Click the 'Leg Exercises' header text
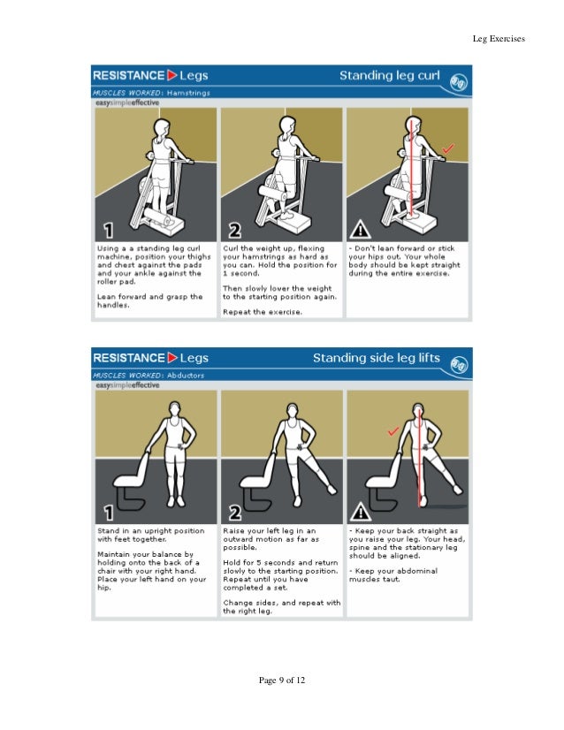(x=499, y=38)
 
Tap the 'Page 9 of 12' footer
(x=281, y=680)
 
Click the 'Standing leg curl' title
(x=390, y=75)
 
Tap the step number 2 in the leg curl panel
(x=234, y=231)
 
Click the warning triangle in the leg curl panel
(x=361, y=231)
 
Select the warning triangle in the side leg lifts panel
(x=361, y=513)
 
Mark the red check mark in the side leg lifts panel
(x=393, y=430)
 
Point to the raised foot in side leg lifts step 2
(x=331, y=489)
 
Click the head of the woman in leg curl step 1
(x=161, y=129)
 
